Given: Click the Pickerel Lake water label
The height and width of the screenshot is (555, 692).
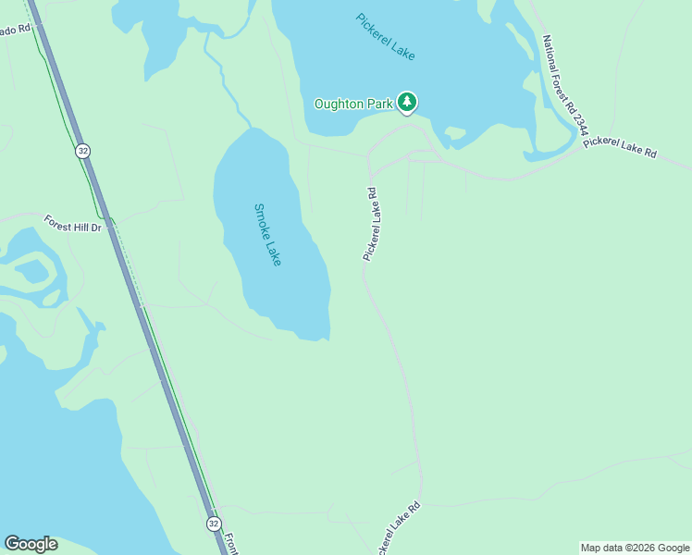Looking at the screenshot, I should click(x=386, y=37).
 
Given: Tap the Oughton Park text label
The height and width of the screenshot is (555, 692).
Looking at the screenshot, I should click(x=353, y=104).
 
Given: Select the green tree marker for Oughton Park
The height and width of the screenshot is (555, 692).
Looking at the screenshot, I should click(x=406, y=102).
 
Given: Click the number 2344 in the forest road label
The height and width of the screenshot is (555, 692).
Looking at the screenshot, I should click(x=577, y=118).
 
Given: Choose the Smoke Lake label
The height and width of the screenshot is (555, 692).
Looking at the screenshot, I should click(x=266, y=235).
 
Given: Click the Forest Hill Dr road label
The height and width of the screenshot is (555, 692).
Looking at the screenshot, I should click(x=78, y=223).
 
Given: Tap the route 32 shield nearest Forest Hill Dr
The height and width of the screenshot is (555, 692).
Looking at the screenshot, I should click(x=83, y=151).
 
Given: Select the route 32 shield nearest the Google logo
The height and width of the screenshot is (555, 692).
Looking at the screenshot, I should click(x=214, y=524).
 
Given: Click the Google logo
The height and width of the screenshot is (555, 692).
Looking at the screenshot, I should click(x=31, y=544).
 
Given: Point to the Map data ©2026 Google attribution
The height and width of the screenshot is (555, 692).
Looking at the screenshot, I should click(x=635, y=548).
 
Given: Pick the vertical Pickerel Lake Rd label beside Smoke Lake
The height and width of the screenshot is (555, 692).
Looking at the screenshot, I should click(x=370, y=225).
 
